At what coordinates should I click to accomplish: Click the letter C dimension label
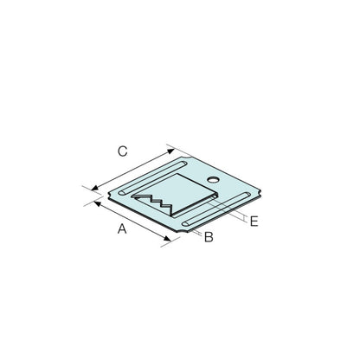pos(123,151)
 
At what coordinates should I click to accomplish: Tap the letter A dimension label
pos(122,228)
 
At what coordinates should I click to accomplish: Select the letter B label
pos(209,237)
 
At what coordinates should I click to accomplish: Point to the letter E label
pos(254,222)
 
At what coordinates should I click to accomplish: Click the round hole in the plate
pos(213,180)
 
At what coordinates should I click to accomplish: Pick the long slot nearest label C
pos(154,178)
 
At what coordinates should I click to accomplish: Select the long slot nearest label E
pos(216,209)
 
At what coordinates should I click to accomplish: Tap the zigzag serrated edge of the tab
pos(153,203)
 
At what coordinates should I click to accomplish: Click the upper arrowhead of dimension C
pos(171,151)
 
